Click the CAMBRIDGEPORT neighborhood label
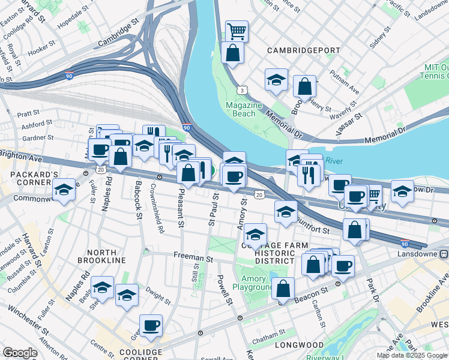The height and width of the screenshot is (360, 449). pos(300,50)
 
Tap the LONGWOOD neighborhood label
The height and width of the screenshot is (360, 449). pos(300,346)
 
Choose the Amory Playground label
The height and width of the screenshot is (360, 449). pos(257,283)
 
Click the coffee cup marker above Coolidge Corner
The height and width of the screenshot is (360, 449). pos(151,326)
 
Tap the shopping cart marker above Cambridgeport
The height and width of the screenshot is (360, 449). pos(237,31)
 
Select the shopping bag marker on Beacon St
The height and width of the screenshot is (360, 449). pos(283,289)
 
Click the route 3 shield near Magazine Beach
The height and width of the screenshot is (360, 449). pos(241,89)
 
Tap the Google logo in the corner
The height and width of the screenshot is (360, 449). pos(20,353)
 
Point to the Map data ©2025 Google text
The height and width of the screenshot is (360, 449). pos(411,355)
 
